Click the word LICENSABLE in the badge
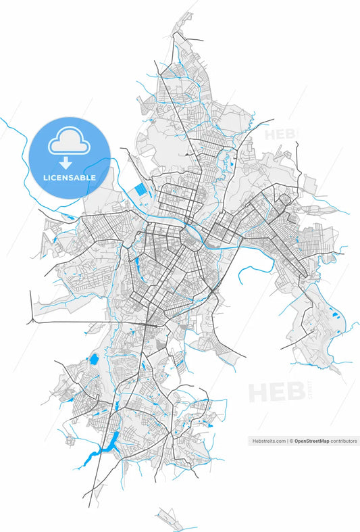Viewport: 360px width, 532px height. [70, 178]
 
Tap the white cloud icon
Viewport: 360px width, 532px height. [69, 143]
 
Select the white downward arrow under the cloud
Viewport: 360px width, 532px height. [66, 162]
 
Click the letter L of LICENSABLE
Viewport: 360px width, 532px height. [45, 178]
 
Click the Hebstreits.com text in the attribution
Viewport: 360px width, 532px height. [268, 441]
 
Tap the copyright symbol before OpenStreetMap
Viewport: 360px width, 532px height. [291, 441]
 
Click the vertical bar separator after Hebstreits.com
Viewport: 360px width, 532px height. [287, 441]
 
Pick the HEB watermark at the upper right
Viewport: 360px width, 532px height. [279, 133]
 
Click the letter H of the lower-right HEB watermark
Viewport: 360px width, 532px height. [257, 393]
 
